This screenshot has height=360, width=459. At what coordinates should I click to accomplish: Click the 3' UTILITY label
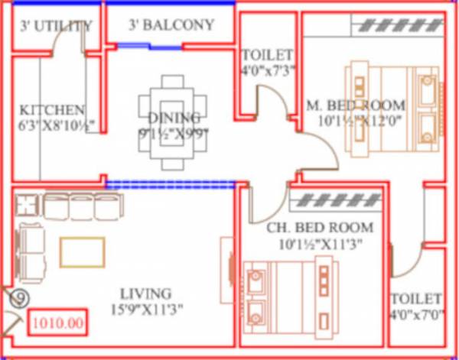(x=56, y=26)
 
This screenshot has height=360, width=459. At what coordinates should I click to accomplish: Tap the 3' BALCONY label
(x=171, y=25)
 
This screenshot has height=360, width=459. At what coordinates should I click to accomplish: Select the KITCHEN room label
(x=52, y=110)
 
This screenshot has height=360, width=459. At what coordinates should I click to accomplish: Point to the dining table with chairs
(x=174, y=122)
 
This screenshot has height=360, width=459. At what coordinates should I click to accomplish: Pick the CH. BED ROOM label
(x=320, y=228)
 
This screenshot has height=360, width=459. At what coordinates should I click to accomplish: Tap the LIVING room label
(x=145, y=294)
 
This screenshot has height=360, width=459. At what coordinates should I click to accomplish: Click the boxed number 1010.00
(x=57, y=323)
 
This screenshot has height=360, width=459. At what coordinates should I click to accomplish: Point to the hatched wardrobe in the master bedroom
(x=398, y=25)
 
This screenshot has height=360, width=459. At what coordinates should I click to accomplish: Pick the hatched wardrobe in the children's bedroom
(x=337, y=201)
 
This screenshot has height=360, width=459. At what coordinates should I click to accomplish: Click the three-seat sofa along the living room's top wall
(x=80, y=207)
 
